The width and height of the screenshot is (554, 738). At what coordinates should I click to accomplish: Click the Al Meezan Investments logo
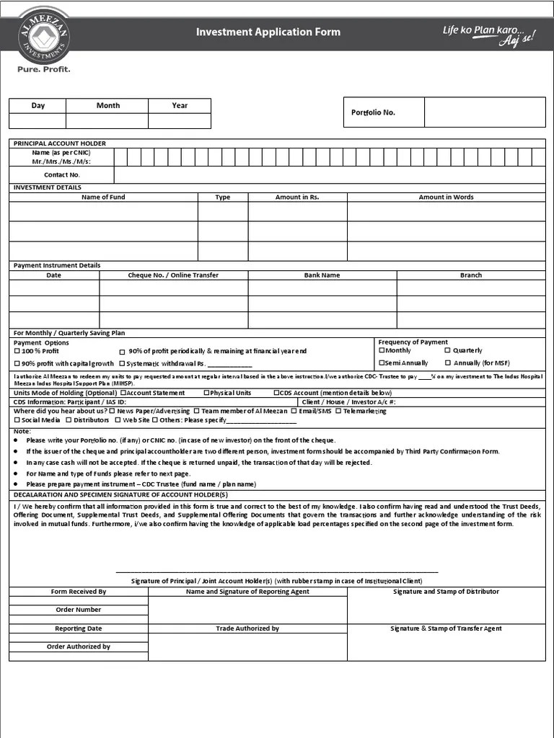pyautogui.click(x=45, y=35)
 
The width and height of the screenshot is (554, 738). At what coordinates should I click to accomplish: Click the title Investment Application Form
pyautogui.click(x=268, y=32)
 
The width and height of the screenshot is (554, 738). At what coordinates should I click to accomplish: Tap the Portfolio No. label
pyautogui.click(x=373, y=112)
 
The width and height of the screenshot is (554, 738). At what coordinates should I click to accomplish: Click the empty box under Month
pyautogui.click(x=107, y=121)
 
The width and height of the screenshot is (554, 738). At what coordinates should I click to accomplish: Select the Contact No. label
pyautogui.click(x=62, y=174)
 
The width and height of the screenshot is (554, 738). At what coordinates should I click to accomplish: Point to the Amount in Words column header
pyautogui.click(x=446, y=197)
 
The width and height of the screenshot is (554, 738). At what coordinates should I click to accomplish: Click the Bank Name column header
pyautogui.click(x=322, y=275)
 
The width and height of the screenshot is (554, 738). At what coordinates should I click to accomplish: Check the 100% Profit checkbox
pyautogui.click(x=17, y=351)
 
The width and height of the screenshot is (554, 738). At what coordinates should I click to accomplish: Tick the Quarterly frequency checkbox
pyautogui.click(x=448, y=350)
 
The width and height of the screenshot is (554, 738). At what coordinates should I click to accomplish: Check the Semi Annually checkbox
pyautogui.click(x=382, y=363)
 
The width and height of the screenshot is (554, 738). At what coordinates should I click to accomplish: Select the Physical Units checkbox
pyautogui.click(x=206, y=393)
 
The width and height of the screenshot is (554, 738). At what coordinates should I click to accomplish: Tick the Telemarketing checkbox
pyautogui.click(x=338, y=411)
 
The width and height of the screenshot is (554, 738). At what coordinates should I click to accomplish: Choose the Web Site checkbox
pyautogui.click(x=118, y=419)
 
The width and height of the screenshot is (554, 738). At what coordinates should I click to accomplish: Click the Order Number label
pyautogui.click(x=79, y=610)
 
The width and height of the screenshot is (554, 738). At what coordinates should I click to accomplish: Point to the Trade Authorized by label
pyautogui.click(x=247, y=628)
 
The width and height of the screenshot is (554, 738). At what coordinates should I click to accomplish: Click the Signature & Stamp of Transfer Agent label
pyautogui.click(x=446, y=628)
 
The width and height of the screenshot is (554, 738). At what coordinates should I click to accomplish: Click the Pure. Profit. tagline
pyautogui.click(x=44, y=70)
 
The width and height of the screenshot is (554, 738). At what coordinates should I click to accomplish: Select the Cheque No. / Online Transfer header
pyautogui.click(x=173, y=275)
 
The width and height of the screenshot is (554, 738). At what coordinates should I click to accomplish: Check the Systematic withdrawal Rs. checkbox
pyautogui.click(x=122, y=363)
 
